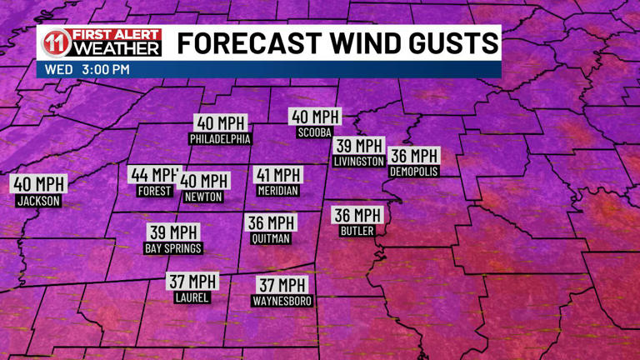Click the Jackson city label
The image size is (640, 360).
[x=38, y=201]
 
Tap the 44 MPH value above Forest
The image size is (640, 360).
[x=153, y=175]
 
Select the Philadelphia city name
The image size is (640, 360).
[x=220, y=139]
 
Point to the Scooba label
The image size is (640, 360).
[x=314, y=132]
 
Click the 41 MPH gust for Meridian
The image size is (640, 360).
[x=277, y=175]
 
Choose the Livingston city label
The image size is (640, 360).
[x=358, y=161]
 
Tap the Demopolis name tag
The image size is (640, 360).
[x=413, y=171]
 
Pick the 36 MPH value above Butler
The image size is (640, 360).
[x=357, y=215]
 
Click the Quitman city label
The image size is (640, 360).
[x=271, y=238]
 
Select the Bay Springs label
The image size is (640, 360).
[x=173, y=248]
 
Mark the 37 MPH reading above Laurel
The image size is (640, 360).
[x=192, y=282]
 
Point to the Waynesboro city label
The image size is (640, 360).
[x=282, y=301]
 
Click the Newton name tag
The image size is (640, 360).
[x=202, y=197]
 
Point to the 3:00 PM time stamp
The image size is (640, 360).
[x=106, y=69]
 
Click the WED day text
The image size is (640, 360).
[x=58, y=69]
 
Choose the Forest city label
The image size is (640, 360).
[x=154, y=191]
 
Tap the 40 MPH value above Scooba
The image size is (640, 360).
[x=314, y=117]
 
